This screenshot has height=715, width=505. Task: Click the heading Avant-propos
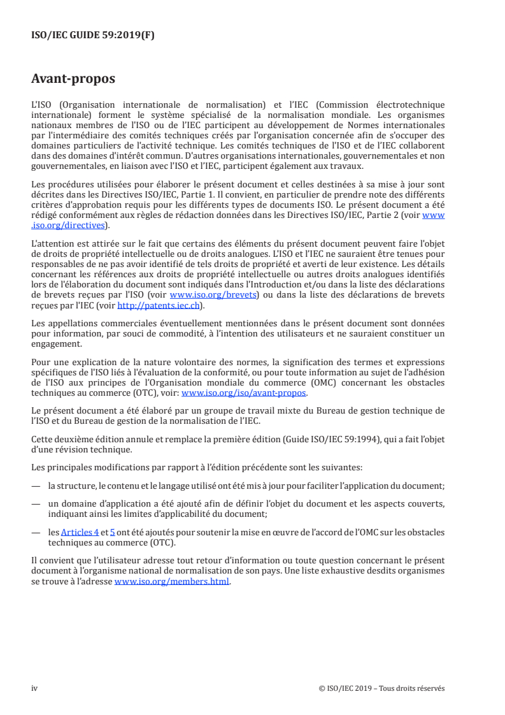click(x=73, y=80)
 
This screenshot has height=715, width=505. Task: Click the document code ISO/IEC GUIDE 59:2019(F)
click(x=93, y=36)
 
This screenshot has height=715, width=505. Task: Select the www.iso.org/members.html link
click(x=171, y=582)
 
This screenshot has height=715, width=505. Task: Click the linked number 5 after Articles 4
click(x=112, y=531)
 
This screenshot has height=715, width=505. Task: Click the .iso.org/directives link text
click(x=70, y=224)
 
